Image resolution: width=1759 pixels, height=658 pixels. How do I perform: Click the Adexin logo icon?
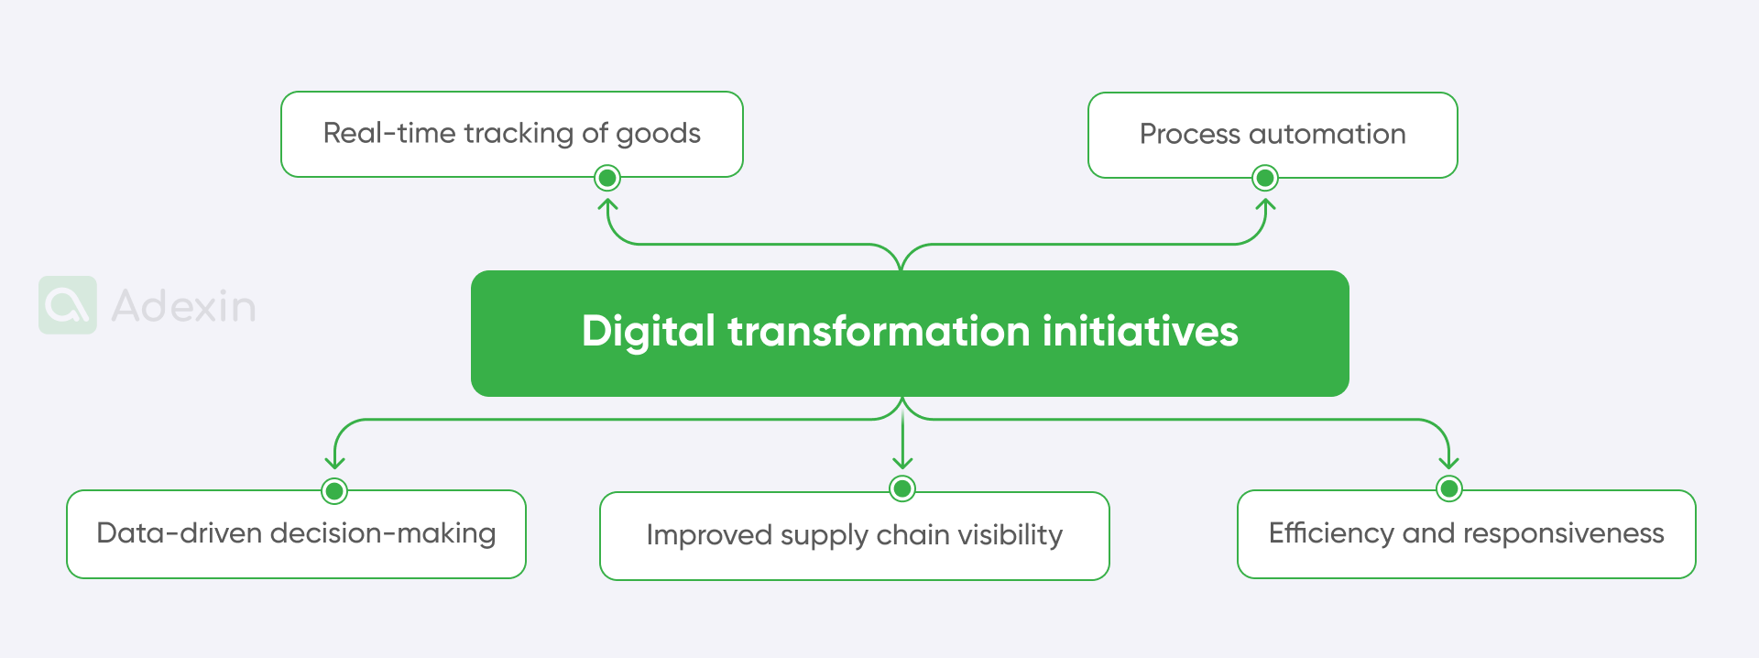coord(68,305)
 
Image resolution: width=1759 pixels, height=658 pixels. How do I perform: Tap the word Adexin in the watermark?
coord(183,306)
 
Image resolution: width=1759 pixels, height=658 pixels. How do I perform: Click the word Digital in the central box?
coord(648,332)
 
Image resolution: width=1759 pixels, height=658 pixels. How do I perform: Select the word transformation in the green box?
coord(879,331)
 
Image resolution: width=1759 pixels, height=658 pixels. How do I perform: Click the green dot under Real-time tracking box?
coord(607,178)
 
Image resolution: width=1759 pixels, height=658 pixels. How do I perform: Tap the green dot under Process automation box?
coord(1264,178)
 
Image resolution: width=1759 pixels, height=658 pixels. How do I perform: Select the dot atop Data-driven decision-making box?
coord(334,491)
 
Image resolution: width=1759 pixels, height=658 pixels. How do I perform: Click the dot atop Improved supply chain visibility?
coord(902,488)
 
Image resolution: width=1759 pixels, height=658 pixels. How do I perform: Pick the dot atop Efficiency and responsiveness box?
coord(1448,489)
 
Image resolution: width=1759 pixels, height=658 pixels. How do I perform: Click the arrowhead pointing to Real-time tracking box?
coord(607,204)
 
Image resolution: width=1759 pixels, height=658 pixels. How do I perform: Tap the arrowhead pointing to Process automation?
coord(1265,204)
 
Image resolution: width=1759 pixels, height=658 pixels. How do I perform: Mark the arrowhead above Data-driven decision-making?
coord(334,463)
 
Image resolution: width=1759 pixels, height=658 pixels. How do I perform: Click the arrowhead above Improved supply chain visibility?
coord(902,463)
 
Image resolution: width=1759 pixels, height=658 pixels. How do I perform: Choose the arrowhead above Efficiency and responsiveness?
coord(1448,463)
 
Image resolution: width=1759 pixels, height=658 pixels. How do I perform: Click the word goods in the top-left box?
coord(658,134)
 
